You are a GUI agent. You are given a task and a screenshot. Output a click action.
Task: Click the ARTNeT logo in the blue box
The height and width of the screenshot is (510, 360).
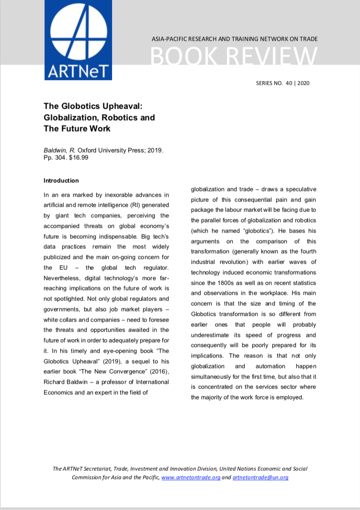[x=78, y=40]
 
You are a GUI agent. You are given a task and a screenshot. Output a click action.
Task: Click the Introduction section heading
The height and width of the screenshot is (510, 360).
[x=61, y=181]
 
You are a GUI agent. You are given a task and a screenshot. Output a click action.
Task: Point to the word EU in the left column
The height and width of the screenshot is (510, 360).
[x=53, y=267]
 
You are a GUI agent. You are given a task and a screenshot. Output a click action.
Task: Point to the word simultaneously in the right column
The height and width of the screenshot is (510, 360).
[x=215, y=377]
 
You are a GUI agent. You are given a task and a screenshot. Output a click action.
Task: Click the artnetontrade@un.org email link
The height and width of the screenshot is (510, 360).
[x=260, y=477]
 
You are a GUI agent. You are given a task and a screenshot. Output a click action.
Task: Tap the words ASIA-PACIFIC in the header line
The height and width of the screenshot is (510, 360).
[x=169, y=39]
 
